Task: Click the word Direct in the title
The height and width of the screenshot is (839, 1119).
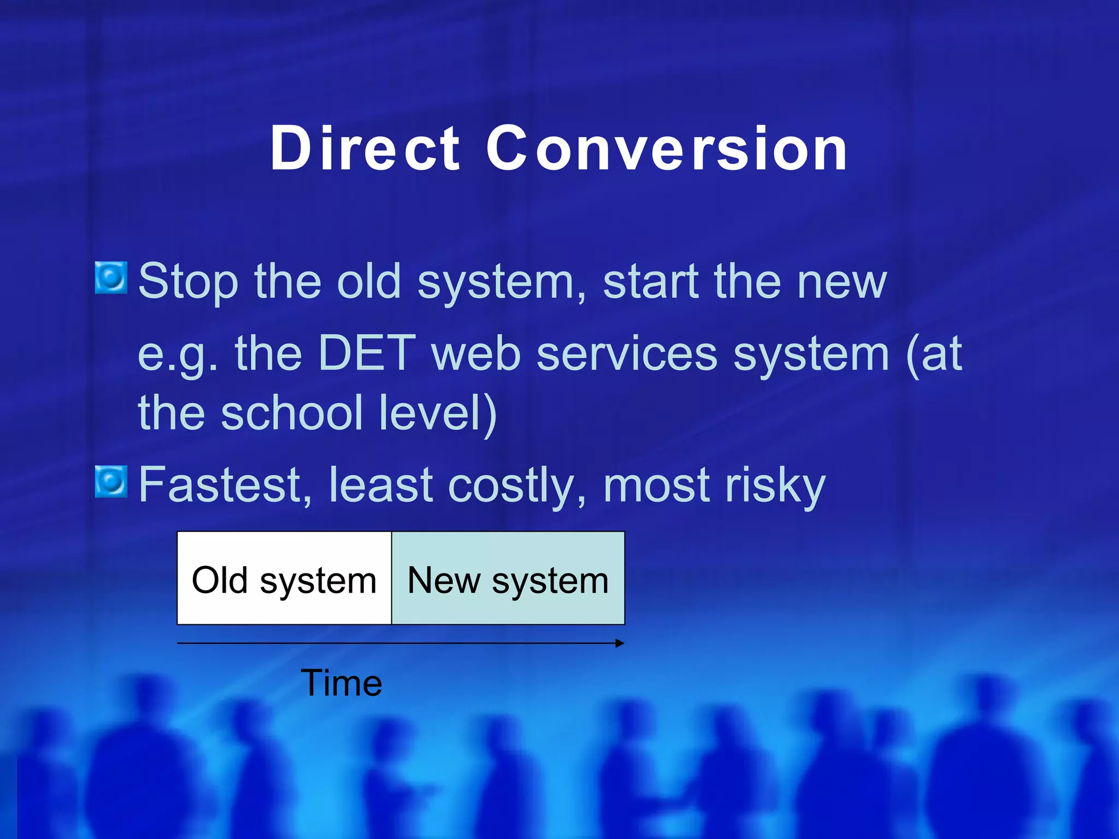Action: coord(365,149)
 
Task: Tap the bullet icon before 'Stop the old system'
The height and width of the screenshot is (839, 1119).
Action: coord(111,277)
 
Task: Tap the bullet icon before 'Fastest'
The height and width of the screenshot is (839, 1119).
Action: coord(111,482)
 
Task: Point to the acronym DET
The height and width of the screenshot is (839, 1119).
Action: coord(367,353)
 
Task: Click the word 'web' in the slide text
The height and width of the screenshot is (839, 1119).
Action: coord(476,353)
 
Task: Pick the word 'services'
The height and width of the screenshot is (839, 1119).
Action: coord(627,353)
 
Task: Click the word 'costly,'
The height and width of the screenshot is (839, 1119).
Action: coord(517,486)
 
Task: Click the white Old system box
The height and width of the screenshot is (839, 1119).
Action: coord(285,578)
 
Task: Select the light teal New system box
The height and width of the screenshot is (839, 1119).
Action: coord(508,578)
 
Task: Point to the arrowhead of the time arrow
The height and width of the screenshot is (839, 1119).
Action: coord(620,643)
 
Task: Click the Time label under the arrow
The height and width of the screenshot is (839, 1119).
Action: coord(341,683)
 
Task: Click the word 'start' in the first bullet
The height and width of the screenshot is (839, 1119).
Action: coord(651,282)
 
